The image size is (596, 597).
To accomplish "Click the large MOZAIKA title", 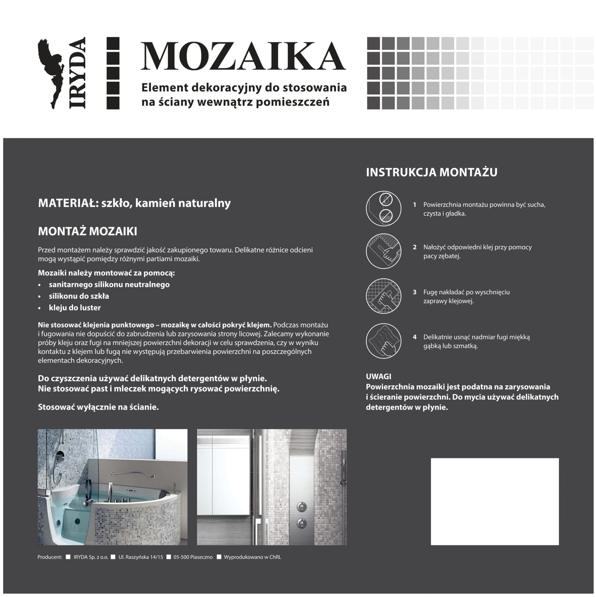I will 243,56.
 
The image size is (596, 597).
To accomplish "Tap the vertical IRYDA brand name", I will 77,73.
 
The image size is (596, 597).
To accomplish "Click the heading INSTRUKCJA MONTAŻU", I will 431,172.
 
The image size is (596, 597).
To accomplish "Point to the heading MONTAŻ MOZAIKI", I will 87,231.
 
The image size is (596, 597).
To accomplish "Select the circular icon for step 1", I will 383,208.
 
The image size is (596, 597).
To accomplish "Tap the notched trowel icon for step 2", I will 383,251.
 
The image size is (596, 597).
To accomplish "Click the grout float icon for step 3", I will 383,296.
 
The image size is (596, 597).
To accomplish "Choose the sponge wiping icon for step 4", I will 383,341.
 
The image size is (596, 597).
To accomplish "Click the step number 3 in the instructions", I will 414,292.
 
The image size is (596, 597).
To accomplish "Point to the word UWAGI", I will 378,376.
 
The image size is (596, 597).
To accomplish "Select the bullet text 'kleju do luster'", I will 75,307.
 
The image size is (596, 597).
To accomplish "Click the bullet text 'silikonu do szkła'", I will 79,296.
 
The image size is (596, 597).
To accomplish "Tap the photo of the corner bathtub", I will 112,487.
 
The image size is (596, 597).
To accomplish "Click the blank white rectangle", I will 494,501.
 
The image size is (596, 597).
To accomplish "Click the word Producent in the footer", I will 50,557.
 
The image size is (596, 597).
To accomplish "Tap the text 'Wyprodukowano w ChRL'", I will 252,557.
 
